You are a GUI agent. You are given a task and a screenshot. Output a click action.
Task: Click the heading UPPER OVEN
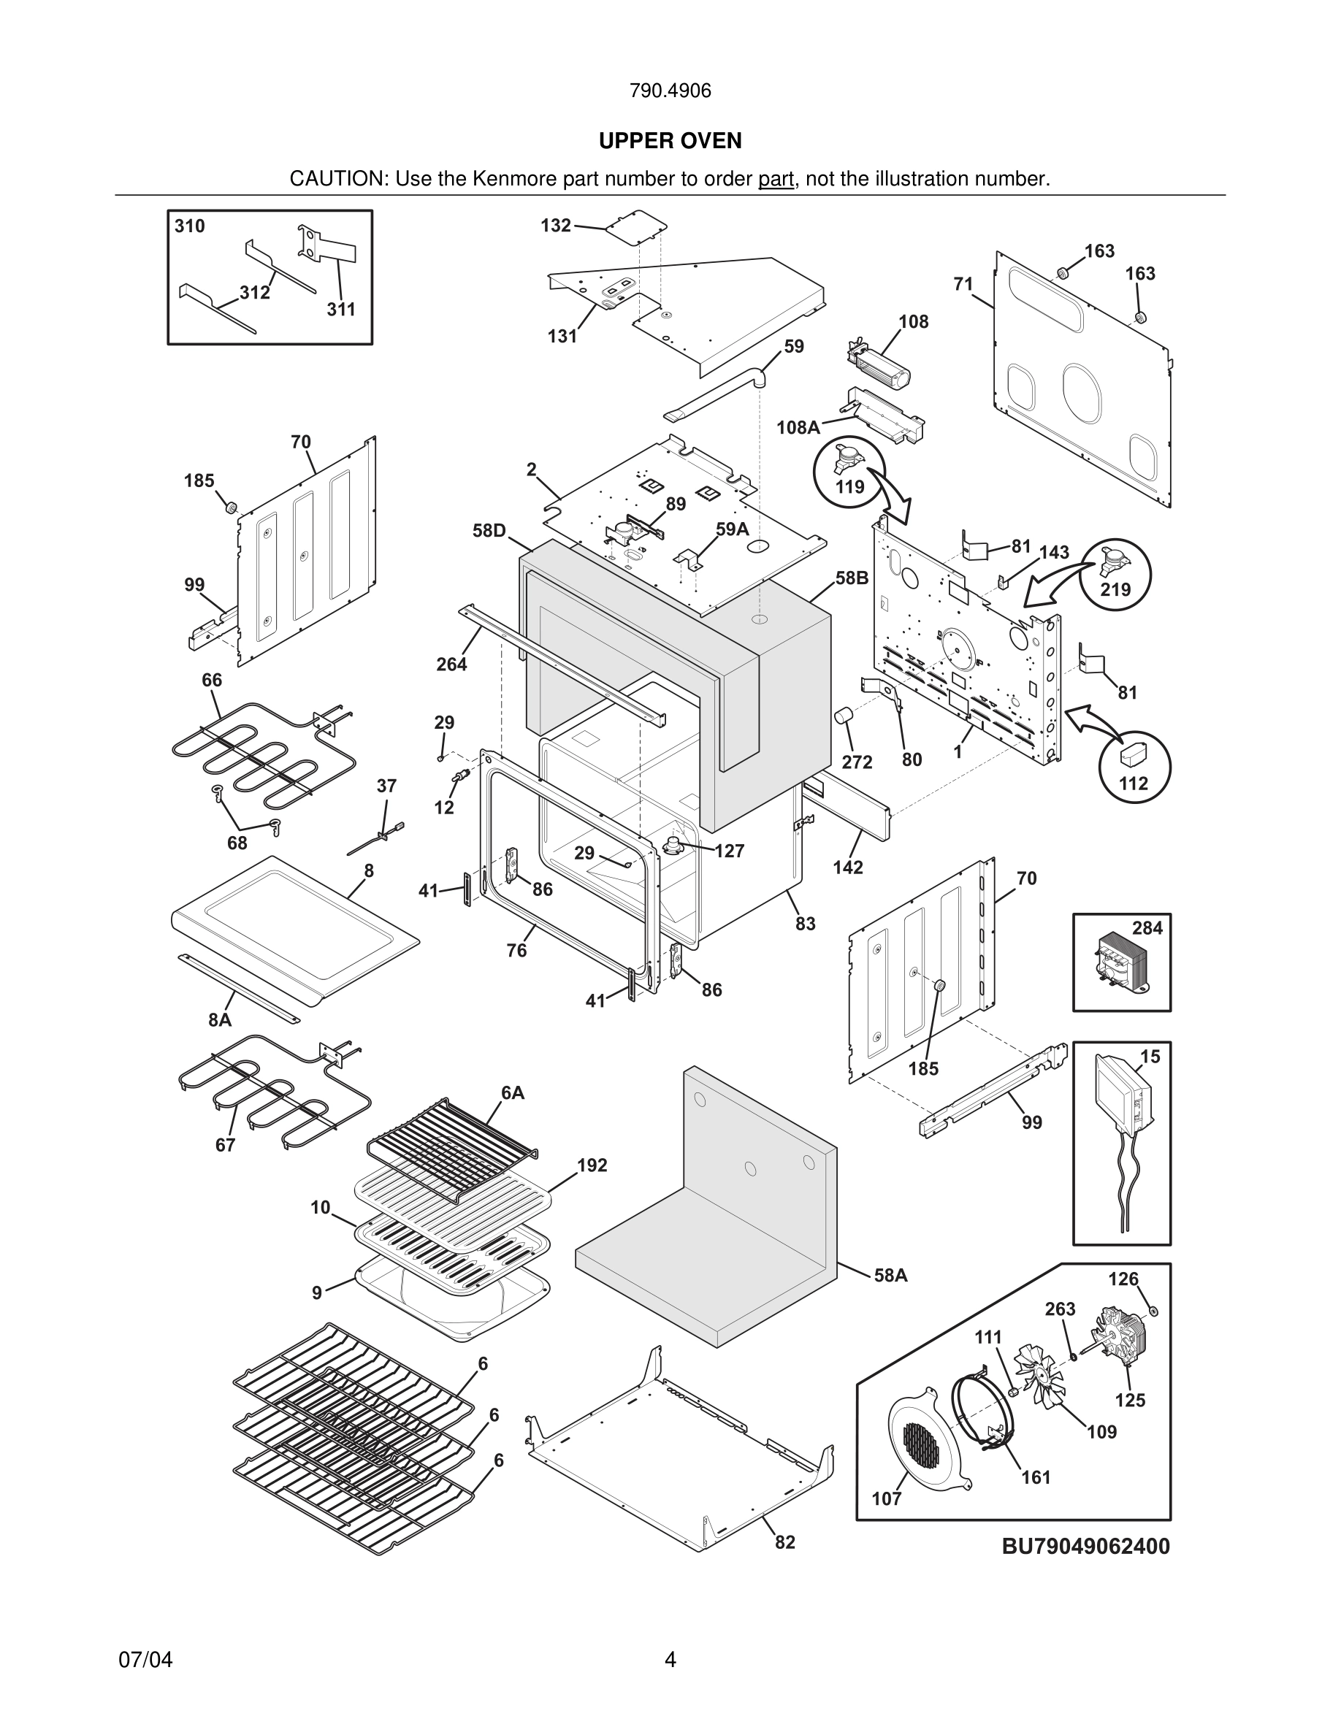[x=670, y=141]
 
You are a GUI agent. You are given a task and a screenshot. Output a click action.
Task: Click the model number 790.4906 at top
[x=670, y=91]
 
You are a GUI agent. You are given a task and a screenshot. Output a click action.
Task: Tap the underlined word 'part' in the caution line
[x=776, y=180]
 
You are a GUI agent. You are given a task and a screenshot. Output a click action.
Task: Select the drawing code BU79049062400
[x=1085, y=1547]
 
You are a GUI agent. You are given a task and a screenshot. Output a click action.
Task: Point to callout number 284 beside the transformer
[x=1147, y=928]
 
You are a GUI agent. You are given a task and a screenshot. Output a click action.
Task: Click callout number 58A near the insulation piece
[x=890, y=1276]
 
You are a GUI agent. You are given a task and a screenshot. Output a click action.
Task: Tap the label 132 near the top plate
[x=555, y=226]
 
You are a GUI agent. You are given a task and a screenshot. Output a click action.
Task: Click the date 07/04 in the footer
[x=145, y=1660]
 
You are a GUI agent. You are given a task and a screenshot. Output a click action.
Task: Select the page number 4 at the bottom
[x=670, y=1660]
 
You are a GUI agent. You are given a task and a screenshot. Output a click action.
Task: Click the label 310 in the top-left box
[x=190, y=226]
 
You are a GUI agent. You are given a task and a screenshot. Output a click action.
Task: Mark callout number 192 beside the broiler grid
[x=592, y=1165]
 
